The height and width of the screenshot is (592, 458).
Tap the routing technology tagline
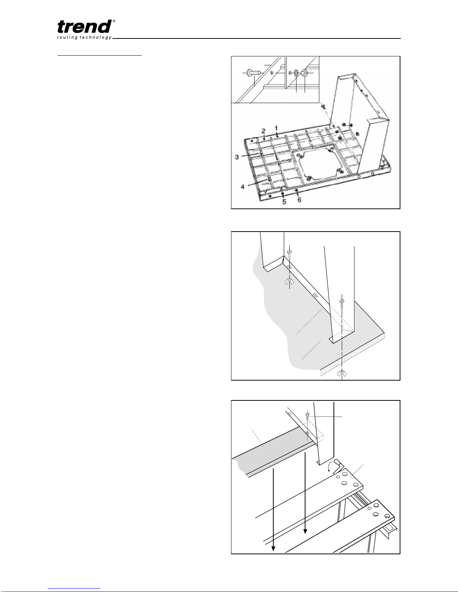84,38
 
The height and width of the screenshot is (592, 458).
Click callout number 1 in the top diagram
276,128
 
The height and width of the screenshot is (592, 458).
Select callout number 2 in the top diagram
264,131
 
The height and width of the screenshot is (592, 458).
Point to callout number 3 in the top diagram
237,157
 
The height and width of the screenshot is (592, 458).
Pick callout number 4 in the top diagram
242,187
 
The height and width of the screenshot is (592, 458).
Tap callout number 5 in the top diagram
284,202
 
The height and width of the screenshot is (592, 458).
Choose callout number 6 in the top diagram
299,200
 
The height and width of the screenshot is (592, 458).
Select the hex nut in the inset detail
305,73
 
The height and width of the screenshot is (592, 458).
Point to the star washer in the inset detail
296,73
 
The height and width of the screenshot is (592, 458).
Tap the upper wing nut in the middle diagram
289,282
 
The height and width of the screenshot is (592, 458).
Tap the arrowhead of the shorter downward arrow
305,531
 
